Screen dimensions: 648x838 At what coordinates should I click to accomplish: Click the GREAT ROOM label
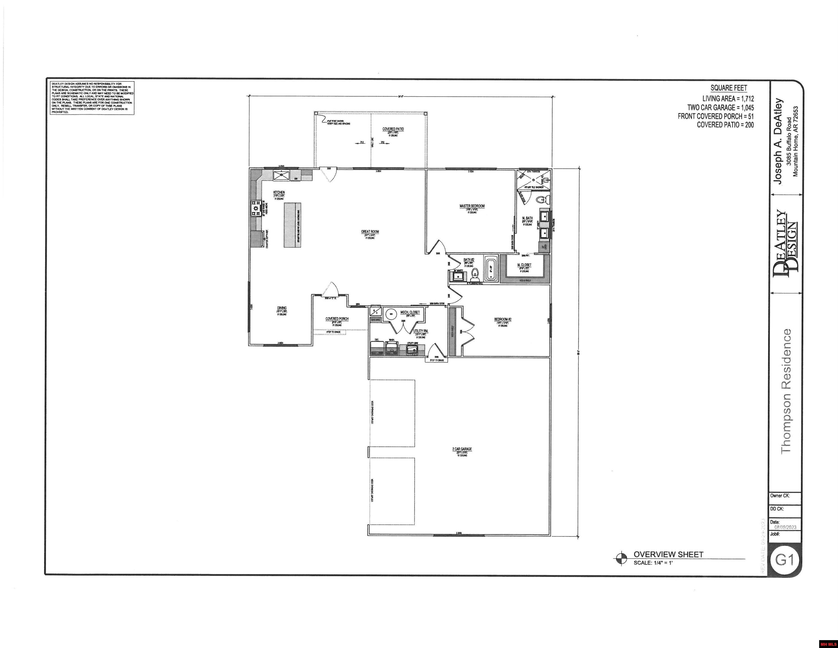pyautogui.click(x=370, y=231)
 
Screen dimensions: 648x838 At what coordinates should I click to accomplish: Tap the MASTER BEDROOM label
pyautogui.click(x=472, y=206)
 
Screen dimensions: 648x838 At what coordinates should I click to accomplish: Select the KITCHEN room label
pyautogui.click(x=279, y=192)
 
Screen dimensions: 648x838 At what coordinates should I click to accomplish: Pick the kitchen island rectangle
pyautogui.click(x=292, y=225)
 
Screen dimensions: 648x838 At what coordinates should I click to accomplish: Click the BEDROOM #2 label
pyautogui.click(x=503, y=319)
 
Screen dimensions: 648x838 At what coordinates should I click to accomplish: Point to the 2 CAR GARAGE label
pyautogui.click(x=462, y=449)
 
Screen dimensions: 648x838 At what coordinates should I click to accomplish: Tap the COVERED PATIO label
pyautogui.click(x=393, y=129)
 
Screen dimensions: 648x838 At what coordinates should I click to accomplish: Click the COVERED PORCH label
pyautogui.click(x=337, y=319)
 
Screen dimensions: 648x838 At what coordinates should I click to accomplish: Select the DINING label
pyautogui.click(x=282, y=308)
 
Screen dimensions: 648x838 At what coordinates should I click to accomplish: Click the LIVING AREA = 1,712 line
pyautogui.click(x=728, y=99)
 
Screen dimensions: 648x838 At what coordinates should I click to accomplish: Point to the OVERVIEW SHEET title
pyautogui.click(x=668, y=554)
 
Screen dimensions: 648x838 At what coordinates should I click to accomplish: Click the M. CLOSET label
pyautogui.click(x=524, y=265)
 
